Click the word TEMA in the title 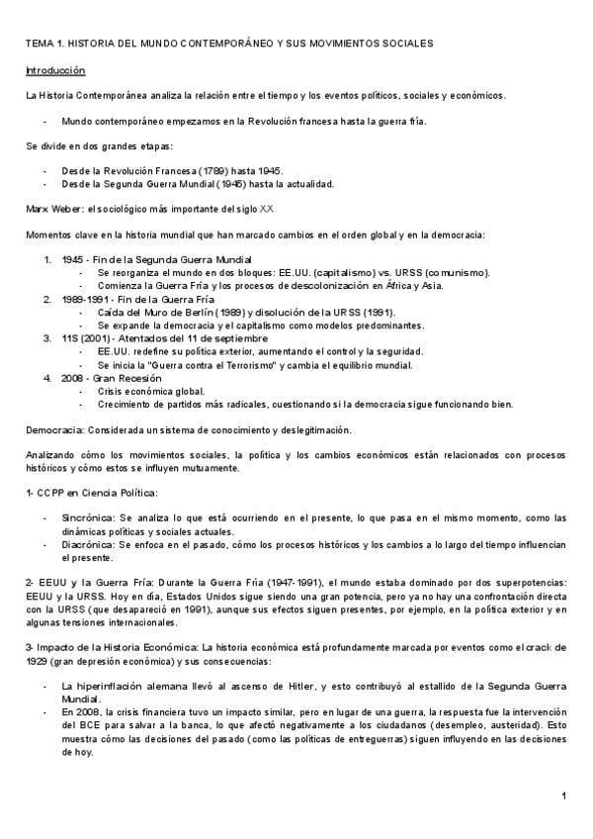tap(39, 45)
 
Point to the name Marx tap(38, 209)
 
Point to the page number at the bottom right tap(562, 796)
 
